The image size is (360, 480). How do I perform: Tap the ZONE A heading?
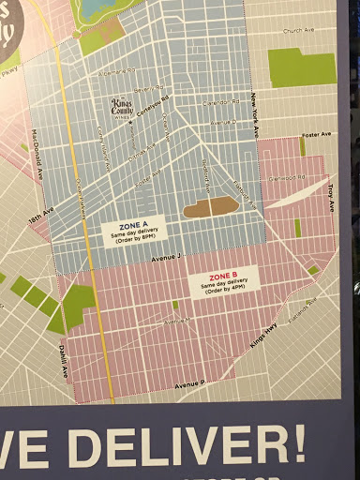tap(131, 223)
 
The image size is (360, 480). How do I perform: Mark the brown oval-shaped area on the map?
tap(210, 207)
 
